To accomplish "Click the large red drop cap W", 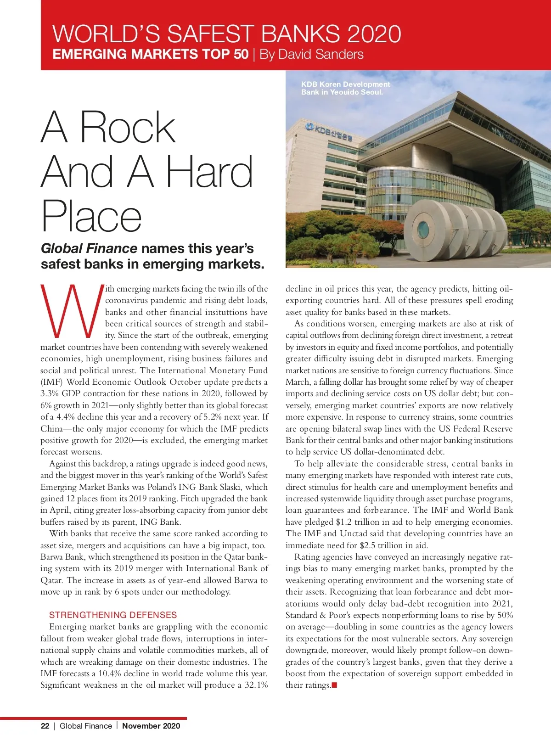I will [72, 309].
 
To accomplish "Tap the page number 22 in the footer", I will [45, 726].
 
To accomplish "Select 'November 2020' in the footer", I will [151, 726].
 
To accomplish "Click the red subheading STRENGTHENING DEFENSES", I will [113, 615].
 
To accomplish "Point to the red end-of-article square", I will [334, 685].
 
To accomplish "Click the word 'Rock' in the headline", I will [128, 127].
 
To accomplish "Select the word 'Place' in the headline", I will [91, 216].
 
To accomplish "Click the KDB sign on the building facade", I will [329, 131].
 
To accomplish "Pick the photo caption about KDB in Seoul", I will [345, 88].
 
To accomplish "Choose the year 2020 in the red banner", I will [374, 34].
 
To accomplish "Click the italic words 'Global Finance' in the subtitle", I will [89, 248].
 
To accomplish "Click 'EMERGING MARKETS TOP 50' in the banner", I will [151, 54].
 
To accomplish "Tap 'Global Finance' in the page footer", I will [86, 726].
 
